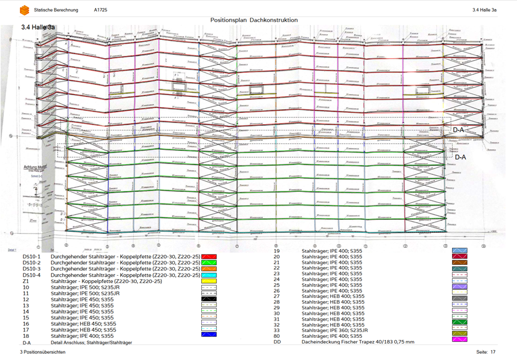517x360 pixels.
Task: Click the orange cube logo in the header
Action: tap(25, 10)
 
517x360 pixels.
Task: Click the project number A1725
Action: tap(100, 10)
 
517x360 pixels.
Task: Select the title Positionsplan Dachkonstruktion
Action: tap(254, 21)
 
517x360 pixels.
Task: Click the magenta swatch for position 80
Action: tap(460, 339)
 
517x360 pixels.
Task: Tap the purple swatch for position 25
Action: tap(460, 286)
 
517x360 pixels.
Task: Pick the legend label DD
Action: tap(277, 342)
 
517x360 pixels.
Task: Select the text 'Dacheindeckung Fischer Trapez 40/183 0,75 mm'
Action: tap(358, 342)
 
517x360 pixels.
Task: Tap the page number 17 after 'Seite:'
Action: tap(493, 353)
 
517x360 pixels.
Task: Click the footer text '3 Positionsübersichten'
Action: tap(43, 353)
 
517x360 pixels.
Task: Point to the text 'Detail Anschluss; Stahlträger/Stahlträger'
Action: tap(91, 342)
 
